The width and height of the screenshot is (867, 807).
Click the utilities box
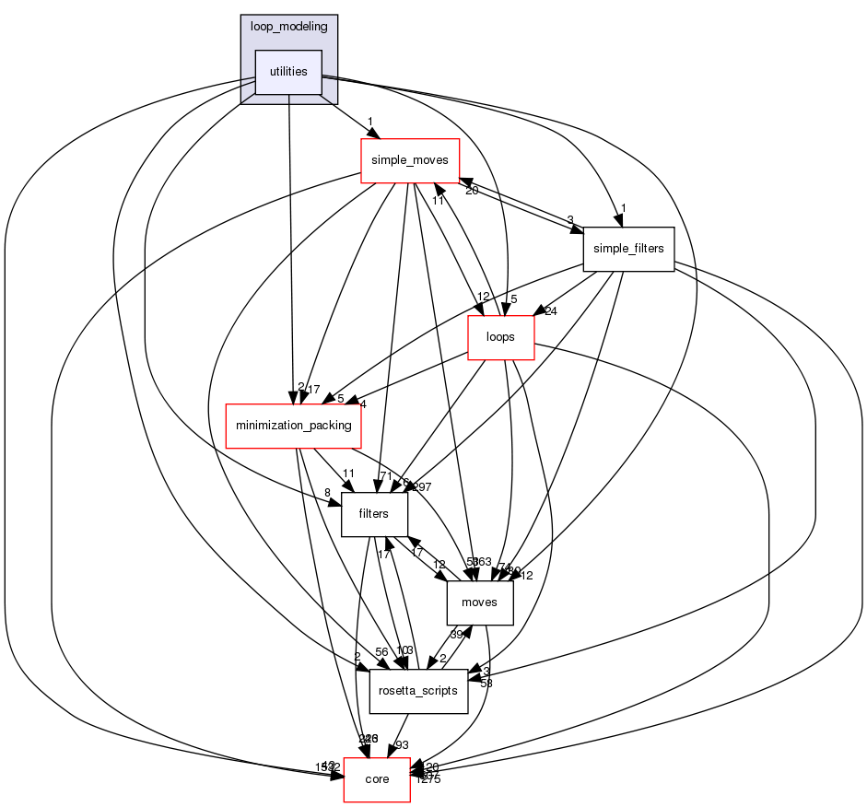[x=288, y=72]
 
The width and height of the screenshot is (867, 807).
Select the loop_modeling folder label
[x=288, y=26]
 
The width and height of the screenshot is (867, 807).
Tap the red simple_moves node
[x=409, y=160]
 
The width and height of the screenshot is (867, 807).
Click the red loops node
[x=502, y=337]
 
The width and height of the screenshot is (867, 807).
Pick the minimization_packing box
[x=294, y=426]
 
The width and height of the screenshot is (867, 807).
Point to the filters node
[x=375, y=514]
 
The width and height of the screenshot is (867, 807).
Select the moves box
[x=479, y=602]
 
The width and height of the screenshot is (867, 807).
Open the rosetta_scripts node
[x=418, y=691]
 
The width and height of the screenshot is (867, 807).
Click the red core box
[x=377, y=779]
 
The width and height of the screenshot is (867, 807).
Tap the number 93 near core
[x=402, y=745]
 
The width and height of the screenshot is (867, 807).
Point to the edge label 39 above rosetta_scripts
[x=456, y=635]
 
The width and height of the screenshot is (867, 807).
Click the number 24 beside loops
[x=552, y=310]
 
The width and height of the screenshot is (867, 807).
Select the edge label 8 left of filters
[x=327, y=494]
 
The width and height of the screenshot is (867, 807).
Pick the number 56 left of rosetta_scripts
[x=355, y=650]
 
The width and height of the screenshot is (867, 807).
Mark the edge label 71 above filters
[x=385, y=476]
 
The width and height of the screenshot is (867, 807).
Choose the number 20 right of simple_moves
[x=472, y=191]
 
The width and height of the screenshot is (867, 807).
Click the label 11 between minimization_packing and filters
[x=349, y=474]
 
